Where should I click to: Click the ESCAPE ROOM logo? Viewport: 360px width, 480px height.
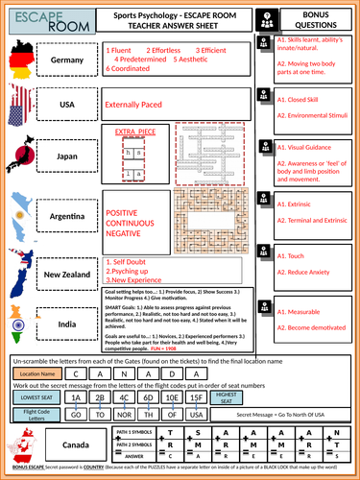[x=33, y=18]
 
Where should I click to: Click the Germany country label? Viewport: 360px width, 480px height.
[x=75, y=60]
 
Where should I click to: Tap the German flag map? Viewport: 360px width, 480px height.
[x=23, y=60]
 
